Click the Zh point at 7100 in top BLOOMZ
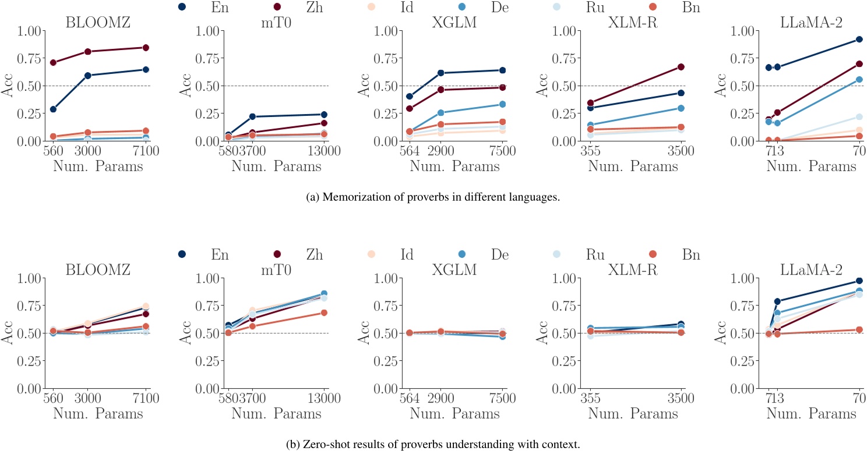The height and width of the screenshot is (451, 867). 146,48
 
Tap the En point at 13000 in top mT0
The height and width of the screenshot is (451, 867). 324,115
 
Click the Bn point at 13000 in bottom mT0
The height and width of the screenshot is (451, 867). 324,313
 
